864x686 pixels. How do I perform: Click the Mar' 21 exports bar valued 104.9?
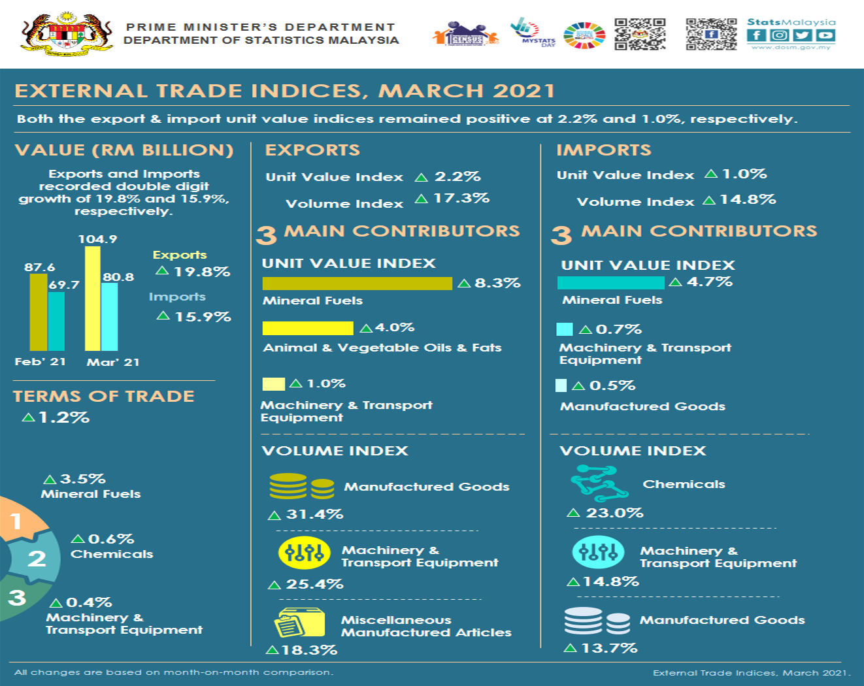click(93, 299)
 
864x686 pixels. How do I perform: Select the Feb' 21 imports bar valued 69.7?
click(57, 321)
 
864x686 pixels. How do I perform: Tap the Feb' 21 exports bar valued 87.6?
click(39, 312)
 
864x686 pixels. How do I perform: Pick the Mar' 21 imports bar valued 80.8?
click(110, 316)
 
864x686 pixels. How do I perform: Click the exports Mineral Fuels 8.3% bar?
click(357, 284)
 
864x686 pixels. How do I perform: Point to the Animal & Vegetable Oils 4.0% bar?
click(307, 328)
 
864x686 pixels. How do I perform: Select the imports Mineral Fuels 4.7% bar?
click(610, 283)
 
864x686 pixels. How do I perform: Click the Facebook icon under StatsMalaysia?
click(756, 35)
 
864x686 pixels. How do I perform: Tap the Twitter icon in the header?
click(803, 35)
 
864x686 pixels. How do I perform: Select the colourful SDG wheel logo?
click(584, 35)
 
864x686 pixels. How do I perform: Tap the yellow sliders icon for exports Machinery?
click(304, 553)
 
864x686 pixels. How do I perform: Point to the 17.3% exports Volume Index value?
click(461, 198)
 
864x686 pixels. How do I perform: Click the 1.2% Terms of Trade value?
click(63, 417)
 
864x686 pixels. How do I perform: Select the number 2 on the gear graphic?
click(37, 559)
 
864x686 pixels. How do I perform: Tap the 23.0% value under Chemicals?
click(614, 513)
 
